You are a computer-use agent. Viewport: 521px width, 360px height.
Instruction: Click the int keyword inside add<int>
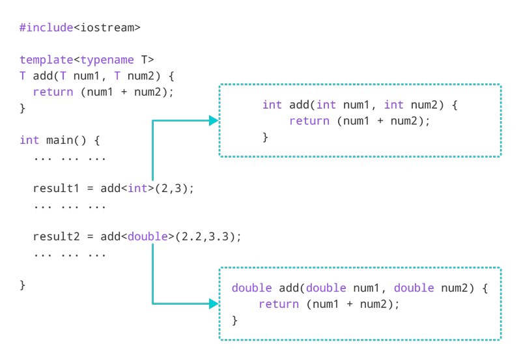139,188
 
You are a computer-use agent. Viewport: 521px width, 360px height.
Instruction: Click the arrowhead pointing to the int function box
213,120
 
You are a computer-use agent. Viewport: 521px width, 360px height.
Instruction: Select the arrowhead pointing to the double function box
213,303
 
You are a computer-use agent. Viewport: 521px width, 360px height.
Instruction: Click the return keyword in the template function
53,92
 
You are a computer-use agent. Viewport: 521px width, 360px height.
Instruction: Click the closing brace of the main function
23,284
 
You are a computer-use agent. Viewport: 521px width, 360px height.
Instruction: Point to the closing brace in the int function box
265,137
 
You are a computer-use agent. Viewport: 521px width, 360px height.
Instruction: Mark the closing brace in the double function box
235,320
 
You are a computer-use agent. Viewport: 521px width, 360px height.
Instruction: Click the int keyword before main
29,140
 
